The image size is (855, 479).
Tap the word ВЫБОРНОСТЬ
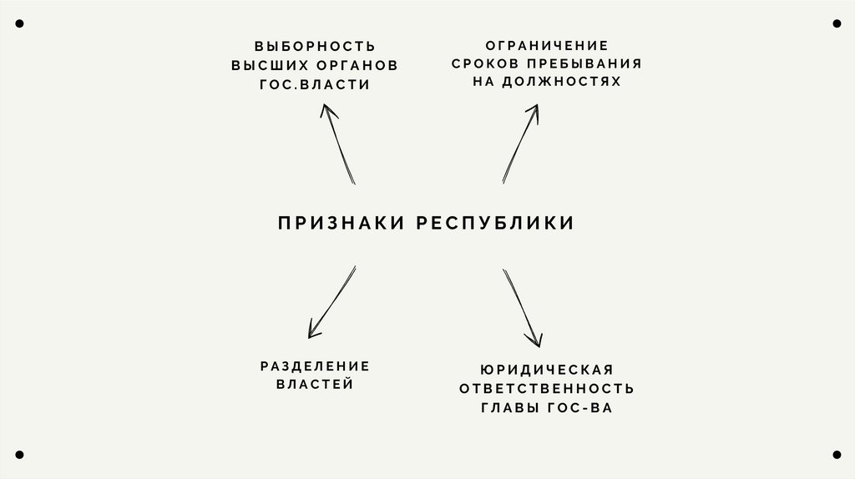pyautogui.click(x=315, y=45)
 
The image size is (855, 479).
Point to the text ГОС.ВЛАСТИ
pyautogui.click(x=315, y=85)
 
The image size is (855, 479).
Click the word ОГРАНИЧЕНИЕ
pyautogui.click(x=547, y=45)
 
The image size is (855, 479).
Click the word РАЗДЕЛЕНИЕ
pyautogui.click(x=315, y=366)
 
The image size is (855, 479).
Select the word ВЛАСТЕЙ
pyautogui.click(x=315, y=384)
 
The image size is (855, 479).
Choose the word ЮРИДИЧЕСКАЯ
pyautogui.click(x=547, y=369)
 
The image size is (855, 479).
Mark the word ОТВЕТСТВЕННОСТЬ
pyautogui.click(x=547, y=388)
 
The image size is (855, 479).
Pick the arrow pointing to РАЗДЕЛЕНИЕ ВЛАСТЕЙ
pyautogui.click(x=331, y=301)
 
